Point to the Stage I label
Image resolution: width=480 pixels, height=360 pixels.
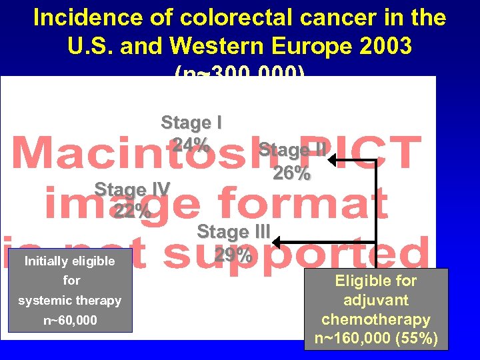tap(191, 123)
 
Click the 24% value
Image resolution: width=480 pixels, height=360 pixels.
tap(191, 143)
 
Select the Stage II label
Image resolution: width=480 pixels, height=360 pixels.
tap(292, 150)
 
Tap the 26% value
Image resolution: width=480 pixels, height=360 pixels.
tap(291, 173)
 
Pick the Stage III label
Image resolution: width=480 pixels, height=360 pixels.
tap(233, 232)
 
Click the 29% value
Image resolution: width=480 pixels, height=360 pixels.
tap(233, 255)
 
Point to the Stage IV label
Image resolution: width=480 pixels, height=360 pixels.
tap(132, 189)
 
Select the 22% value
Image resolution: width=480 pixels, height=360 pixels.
tap(132, 211)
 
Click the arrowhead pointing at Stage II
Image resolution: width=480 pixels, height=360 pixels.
tap(334, 161)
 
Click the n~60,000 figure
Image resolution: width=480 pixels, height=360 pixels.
tap(70, 321)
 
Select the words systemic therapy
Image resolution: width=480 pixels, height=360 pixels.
tap(70, 301)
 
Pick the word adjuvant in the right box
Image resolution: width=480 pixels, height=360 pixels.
tap(376, 300)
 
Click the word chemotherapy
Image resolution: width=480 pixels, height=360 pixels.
tap(376, 319)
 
